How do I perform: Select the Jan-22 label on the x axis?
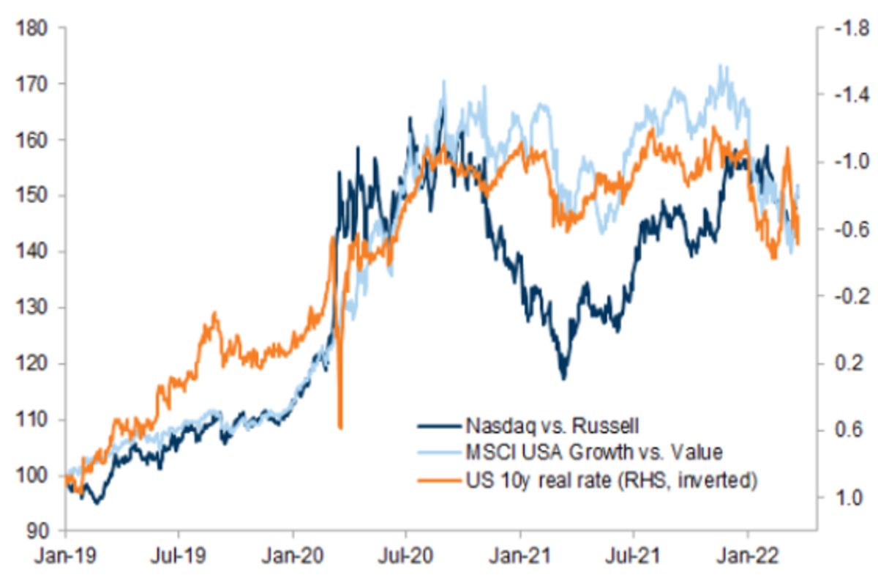747,556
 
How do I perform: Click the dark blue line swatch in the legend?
439,425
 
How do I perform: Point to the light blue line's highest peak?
722,65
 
